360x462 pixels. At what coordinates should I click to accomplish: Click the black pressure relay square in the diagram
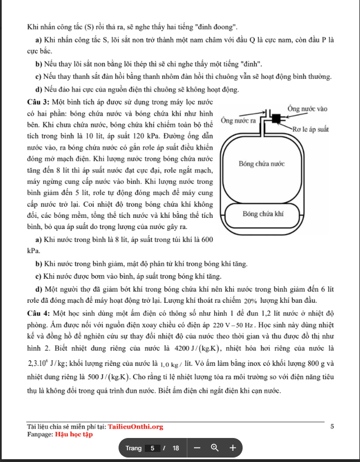tap(276, 118)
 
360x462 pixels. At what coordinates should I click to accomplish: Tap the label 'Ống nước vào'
tap(307, 108)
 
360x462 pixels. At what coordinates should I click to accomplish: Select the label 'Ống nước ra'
tap(238, 121)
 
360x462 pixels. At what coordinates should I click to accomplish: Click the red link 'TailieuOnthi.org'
tap(135, 427)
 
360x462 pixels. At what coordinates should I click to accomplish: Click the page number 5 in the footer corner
tap(332, 427)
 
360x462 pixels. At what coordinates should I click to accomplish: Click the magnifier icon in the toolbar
tap(215, 448)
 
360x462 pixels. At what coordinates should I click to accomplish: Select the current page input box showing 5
tap(151, 448)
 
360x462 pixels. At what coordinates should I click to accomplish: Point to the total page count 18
tap(176, 448)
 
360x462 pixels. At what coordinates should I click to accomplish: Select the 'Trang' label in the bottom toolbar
tap(134, 448)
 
